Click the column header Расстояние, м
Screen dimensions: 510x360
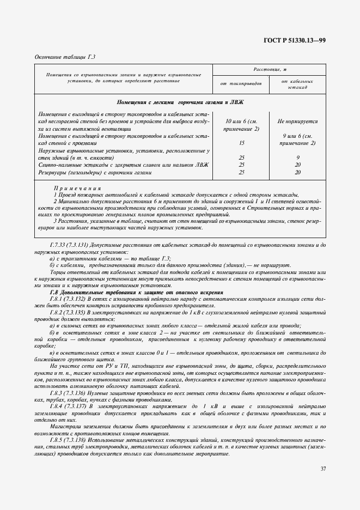coord(270,70)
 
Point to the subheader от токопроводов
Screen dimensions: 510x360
coord(241,83)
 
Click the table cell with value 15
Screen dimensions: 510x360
coord(241,143)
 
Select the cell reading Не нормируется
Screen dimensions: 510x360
coord(297,122)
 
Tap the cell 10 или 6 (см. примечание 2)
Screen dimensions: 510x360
coord(241,125)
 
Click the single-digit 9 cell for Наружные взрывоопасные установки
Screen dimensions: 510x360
coord(297,157)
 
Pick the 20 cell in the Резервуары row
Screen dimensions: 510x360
coord(297,172)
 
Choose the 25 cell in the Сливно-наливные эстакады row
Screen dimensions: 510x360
coord(241,165)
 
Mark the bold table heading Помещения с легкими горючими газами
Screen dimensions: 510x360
coord(180,102)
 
